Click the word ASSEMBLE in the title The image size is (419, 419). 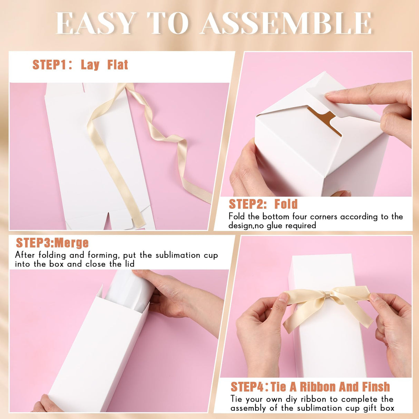click(x=286, y=23)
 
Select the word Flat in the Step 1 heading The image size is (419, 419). click(x=118, y=65)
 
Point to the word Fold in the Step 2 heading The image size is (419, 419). click(x=286, y=204)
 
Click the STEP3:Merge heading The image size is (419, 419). click(x=52, y=243)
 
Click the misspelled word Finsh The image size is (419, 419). click(x=376, y=387)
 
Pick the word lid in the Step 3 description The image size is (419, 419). click(x=129, y=264)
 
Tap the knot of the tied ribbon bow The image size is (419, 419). click(x=326, y=295)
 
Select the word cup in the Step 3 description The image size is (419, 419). click(x=210, y=255)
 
